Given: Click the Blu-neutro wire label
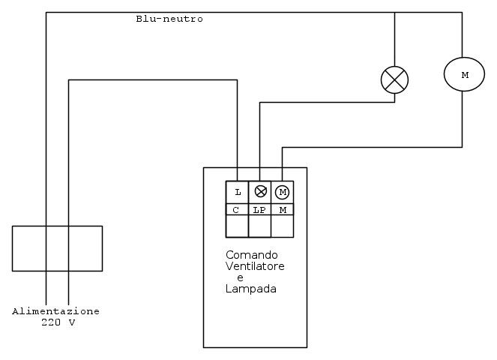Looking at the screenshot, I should (x=169, y=19).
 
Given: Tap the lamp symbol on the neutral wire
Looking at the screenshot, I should (x=395, y=79).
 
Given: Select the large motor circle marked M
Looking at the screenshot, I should (x=464, y=75).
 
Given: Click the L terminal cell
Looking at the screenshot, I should (x=238, y=192).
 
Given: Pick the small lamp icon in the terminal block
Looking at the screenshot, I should (x=260, y=192).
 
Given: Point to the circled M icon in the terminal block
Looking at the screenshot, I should (x=283, y=192).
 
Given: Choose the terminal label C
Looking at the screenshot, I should (x=237, y=210).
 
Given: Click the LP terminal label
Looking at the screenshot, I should (x=259, y=210).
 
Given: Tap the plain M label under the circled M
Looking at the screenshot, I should (x=283, y=210).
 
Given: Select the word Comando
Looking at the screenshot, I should (x=252, y=255).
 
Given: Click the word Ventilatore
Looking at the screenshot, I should (x=255, y=266).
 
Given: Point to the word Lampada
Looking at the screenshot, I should (x=251, y=289).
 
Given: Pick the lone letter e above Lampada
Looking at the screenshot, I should (x=240, y=277).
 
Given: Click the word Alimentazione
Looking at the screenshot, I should (x=56, y=311).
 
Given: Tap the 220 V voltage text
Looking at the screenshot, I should (x=58, y=322).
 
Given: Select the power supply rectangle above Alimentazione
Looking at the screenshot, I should (x=57, y=248).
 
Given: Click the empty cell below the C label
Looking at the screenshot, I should (x=237, y=226).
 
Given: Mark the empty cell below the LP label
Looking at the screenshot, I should (x=259, y=226).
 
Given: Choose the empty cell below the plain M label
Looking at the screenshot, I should (x=283, y=226).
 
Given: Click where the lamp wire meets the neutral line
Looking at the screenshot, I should (x=395, y=12).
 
